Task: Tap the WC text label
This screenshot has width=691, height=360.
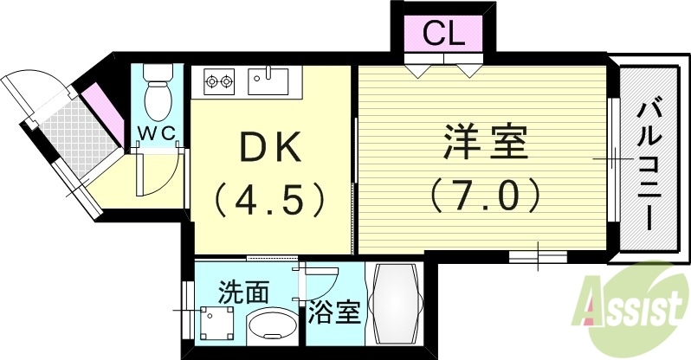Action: coord(157,132)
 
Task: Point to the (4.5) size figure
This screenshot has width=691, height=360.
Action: coord(269,198)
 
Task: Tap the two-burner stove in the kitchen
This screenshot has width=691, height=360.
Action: coord(219,83)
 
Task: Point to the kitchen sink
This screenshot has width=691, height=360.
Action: coord(268,81)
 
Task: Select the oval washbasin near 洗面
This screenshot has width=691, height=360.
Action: coord(271,328)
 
